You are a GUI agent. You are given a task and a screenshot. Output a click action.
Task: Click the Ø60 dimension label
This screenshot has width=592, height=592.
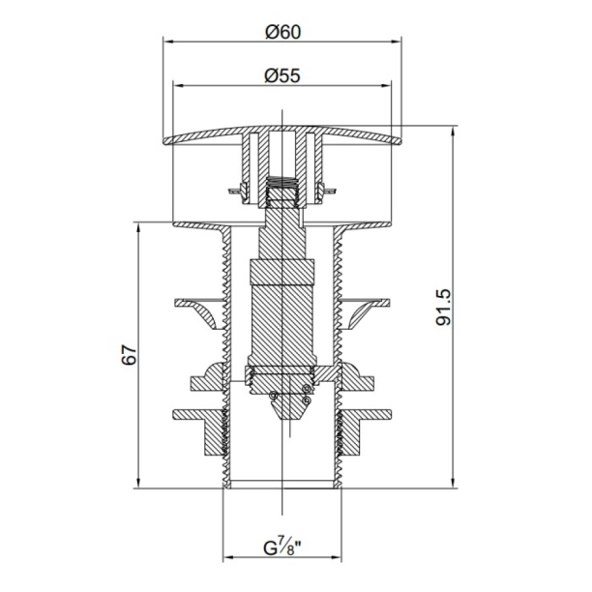(x=283, y=32)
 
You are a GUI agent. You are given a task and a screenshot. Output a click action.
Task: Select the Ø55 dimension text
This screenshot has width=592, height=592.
(x=282, y=75)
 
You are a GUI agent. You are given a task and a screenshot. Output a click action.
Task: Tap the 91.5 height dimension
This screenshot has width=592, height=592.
(x=444, y=308)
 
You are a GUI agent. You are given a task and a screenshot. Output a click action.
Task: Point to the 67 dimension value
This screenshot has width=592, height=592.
(x=129, y=354)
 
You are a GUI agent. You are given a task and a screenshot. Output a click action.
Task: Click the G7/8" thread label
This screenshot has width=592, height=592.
(x=282, y=548)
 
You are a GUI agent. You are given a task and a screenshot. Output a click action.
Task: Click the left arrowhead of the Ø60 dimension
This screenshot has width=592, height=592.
(x=167, y=42)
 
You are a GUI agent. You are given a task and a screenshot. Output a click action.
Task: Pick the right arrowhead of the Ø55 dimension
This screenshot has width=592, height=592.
(x=386, y=85)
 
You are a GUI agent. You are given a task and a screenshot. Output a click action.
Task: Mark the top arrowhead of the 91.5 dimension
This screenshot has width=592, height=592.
(x=453, y=131)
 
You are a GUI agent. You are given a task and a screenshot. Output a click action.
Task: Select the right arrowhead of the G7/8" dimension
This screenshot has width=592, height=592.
(x=337, y=557)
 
